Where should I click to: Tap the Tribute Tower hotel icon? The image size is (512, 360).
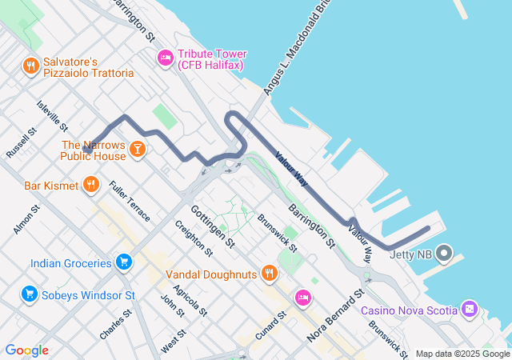(166, 57)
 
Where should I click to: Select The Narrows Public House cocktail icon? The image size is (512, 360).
(138, 149)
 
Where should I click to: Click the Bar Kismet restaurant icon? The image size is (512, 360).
(91, 186)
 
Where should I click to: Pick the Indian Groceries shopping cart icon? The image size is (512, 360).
(123, 262)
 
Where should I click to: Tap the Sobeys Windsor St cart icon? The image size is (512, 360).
(30, 295)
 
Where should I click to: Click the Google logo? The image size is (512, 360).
(26, 350)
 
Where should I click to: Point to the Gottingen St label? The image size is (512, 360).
(213, 226)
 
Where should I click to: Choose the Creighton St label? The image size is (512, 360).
(193, 238)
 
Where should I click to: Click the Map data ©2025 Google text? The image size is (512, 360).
(462, 354)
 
